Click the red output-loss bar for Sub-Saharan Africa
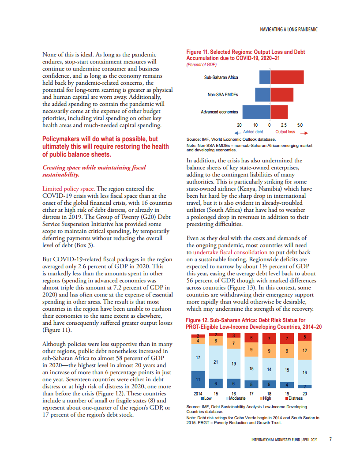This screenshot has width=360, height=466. tap(287, 77)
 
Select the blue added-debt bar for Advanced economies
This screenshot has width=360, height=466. tap(256, 112)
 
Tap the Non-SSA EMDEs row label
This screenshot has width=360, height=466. tap(223, 94)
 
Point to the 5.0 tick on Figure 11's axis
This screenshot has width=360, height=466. tap(300, 125)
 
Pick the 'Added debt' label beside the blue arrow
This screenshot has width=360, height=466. tap(253, 132)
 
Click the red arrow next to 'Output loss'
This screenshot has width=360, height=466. tap(303, 132)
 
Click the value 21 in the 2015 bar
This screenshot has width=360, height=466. tap(216, 362)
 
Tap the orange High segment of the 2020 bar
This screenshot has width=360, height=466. tap(304, 350)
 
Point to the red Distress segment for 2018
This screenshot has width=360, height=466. tap(269, 338)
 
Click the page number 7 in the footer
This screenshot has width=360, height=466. tap(330, 440)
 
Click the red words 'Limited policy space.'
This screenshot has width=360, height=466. tap(67, 188)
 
